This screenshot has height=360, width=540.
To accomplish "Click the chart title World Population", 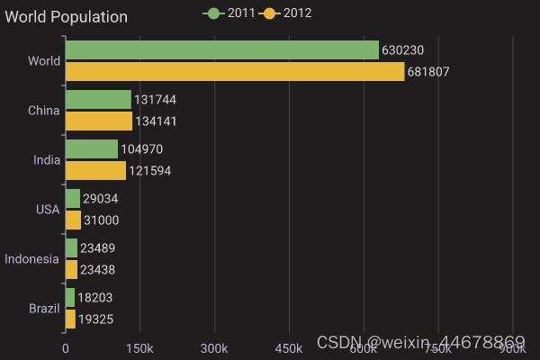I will point(67,17).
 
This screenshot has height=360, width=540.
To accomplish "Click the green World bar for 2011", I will point(221,50).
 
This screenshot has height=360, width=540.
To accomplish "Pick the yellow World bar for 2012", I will point(235,72).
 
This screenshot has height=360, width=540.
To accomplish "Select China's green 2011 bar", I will point(98,100).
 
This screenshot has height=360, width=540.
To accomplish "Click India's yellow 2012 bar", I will point(95,170).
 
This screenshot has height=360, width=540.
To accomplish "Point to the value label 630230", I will point(402,50).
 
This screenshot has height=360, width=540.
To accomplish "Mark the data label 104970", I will point(142,148).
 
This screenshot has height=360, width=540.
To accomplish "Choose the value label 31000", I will point(102,220).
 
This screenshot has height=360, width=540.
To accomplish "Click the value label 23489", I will point(97,247).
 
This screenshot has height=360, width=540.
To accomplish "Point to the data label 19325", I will point(95,319).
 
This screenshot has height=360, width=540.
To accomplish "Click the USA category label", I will point(48,210).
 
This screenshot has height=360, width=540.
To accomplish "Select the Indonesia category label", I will point(32,259).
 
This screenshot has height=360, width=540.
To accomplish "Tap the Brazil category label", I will point(44,309).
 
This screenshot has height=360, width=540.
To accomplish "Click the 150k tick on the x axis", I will point(139,348).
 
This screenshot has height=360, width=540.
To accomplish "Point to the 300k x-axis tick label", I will point(214,348).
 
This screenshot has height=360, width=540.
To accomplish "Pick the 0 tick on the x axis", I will point(66,348).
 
